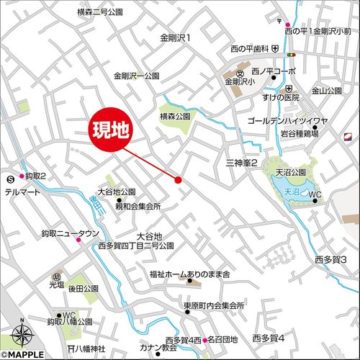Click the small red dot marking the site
click(178, 179)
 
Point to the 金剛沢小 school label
click(240, 83)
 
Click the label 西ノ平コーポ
click(274, 71)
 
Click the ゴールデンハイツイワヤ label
click(287, 121)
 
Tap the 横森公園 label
click(175, 115)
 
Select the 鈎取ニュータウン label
click(70, 233)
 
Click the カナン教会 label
click(161, 348)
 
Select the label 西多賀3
click(330, 259)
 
